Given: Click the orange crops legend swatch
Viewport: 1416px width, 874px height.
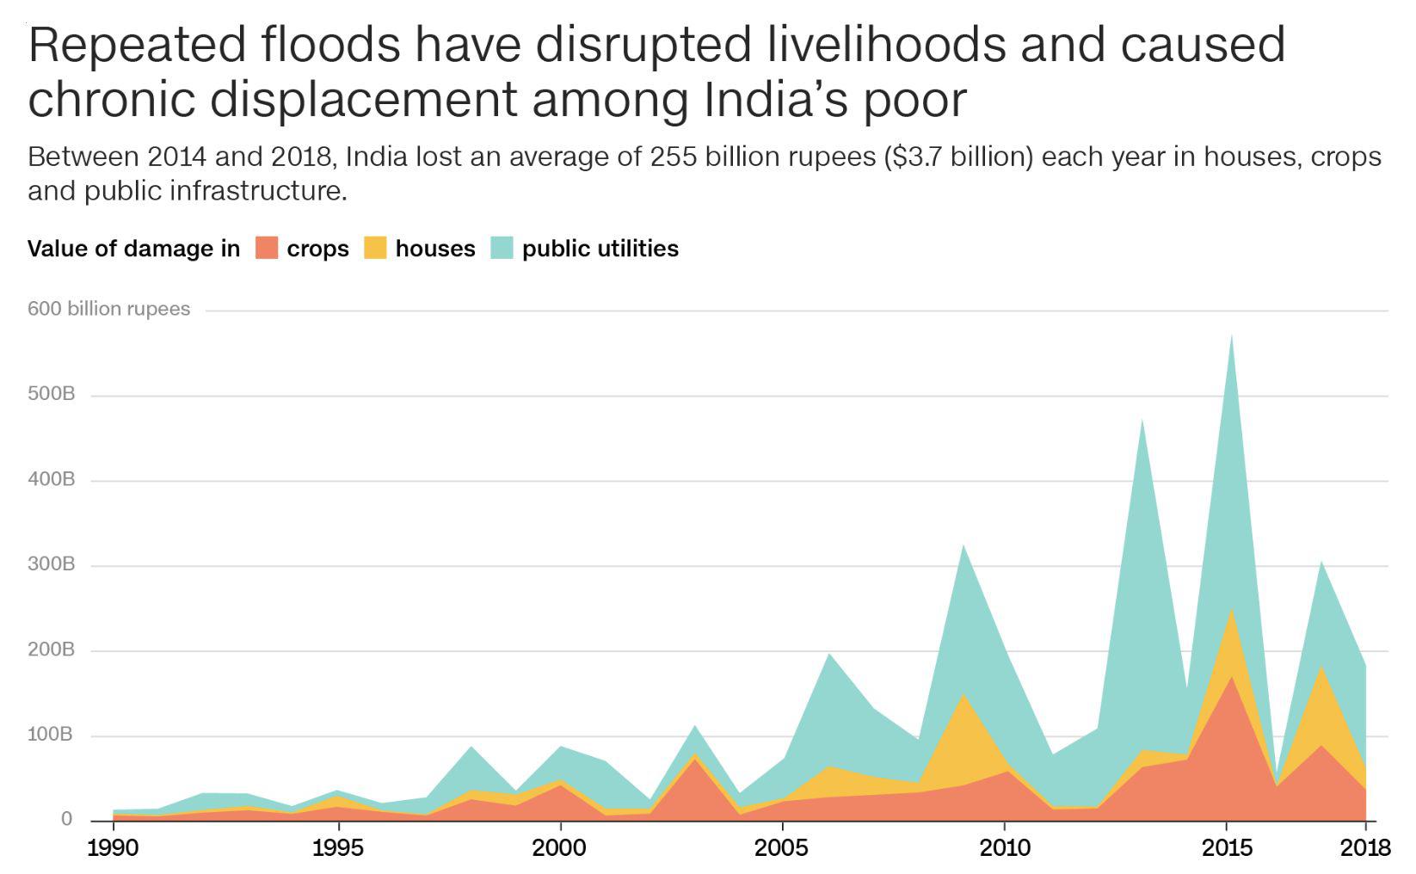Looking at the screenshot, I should (x=267, y=248).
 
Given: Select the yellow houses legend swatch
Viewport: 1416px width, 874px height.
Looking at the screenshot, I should (x=375, y=248).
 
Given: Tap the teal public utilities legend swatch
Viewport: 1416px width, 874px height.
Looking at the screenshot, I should (x=502, y=248).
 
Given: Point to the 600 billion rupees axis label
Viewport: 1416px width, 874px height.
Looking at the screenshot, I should (x=108, y=309).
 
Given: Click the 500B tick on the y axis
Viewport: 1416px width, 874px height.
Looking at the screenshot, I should (x=52, y=394).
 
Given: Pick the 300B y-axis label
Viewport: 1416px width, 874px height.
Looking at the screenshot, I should (x=52, y=564).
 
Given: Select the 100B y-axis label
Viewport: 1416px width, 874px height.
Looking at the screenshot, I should (x=52, y=735).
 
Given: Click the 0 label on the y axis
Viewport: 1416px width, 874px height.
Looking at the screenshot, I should (x=66, y=819).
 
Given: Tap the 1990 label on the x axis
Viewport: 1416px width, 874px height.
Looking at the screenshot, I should (x=113, y=848).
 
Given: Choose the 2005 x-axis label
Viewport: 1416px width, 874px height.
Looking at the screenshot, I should (x=781, y=848).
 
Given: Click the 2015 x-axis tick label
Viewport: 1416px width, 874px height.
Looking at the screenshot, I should (x=1227, y=848).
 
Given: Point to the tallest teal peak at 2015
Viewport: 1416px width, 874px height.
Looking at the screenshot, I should (x=1232, y=337).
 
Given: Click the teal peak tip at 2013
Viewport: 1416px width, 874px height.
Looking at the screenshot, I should (x=1142, y=421).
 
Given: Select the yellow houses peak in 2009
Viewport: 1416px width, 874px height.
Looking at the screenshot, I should (x=962, y=697).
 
